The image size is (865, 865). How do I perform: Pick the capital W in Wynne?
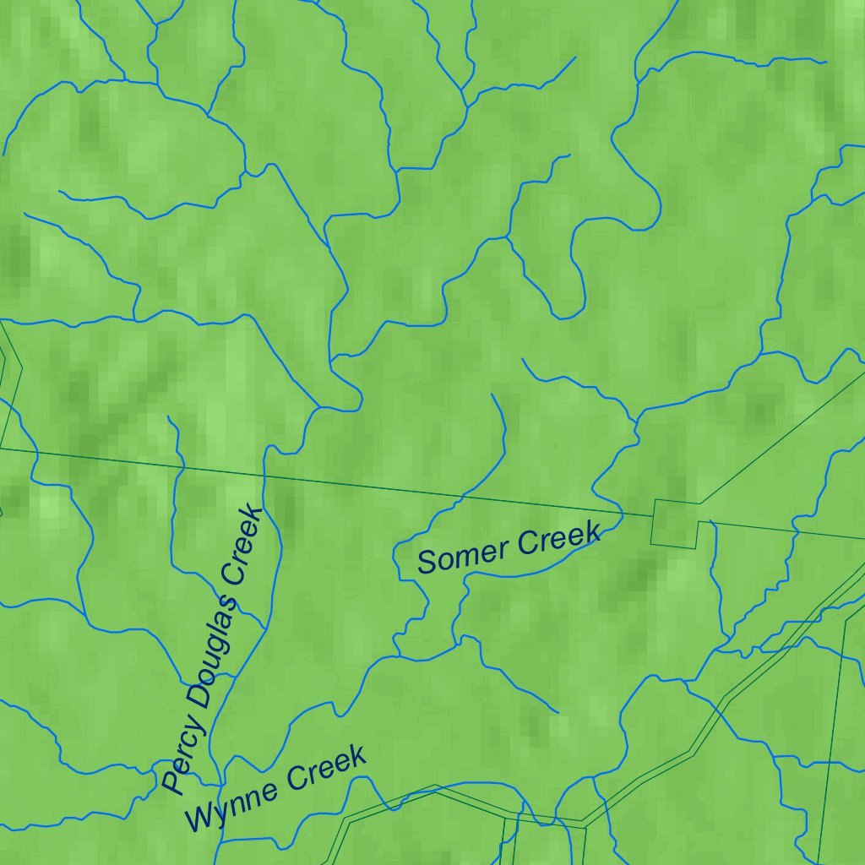(x=199, y=817)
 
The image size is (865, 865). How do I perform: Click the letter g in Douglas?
(x=216, y=645)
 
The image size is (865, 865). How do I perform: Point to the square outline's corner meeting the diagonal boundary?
(x=699, y=503)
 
